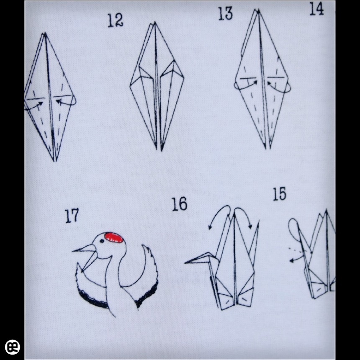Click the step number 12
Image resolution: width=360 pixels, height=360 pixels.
click(116, 21)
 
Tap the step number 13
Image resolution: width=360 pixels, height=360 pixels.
click(225, 13)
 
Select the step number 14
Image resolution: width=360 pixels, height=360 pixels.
click(316, 9)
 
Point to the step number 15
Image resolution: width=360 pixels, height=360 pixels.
click(279, 194)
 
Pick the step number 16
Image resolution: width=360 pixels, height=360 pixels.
click(180, 204)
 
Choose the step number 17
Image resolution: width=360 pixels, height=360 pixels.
click(72, 216)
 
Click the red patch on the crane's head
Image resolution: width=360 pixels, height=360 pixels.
click(114, 238)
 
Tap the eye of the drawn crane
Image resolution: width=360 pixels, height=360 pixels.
click(101, 241)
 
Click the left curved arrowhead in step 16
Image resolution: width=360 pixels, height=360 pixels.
click(210, 227)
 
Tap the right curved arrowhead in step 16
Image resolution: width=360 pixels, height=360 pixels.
click(250, 226)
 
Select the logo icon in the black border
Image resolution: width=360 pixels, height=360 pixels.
click(13, 347)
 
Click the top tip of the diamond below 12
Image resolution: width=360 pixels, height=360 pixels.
click(155, 22)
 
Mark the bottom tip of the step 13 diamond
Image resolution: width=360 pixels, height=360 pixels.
click(266, 149)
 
